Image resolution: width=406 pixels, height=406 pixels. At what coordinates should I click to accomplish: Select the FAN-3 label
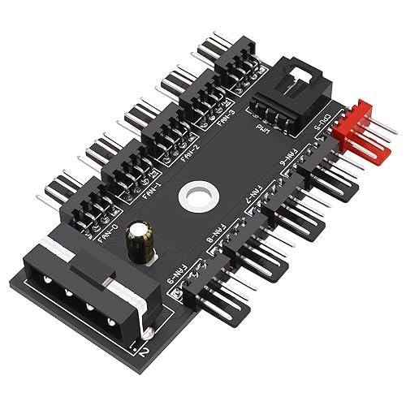229,121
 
